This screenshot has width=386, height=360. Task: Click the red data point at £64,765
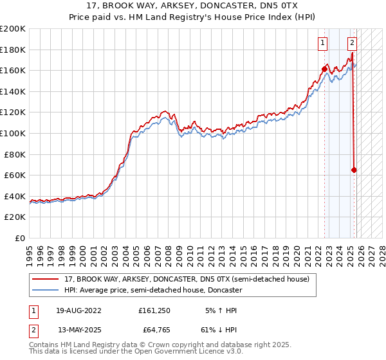click(354, 170)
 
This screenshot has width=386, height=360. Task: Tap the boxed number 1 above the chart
click(322, 44)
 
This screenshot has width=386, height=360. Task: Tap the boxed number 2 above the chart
click(353, 44)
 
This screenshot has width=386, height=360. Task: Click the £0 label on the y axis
click(19, 238)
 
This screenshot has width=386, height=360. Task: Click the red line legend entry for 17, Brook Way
click(187, 279)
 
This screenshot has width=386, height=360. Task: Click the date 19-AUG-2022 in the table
click(79, 310)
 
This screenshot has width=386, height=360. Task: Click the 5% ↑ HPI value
click(221, 310)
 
